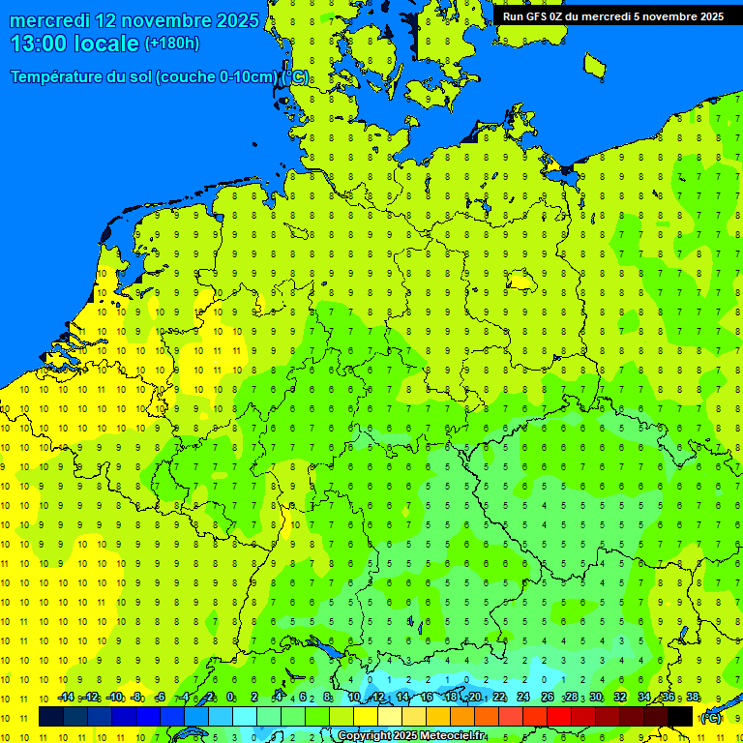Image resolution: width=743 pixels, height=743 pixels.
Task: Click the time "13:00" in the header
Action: coord(41,44)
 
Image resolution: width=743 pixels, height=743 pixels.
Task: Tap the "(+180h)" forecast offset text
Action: coord(171,44)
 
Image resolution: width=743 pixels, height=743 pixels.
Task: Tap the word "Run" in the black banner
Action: coord(514,15)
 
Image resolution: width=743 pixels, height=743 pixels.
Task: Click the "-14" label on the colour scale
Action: coord(66,698)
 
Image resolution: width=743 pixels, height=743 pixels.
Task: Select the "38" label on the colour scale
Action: coord(693,698)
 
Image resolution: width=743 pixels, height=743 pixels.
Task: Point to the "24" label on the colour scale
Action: coord(523,698)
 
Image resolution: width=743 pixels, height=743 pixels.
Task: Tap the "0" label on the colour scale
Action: coord(231,698)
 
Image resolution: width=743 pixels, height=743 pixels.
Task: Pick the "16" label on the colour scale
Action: coord(427,698)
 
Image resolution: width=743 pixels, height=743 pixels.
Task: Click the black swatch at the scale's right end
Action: coord(680,716)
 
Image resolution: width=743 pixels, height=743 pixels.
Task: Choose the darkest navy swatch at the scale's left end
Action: coord(50,716)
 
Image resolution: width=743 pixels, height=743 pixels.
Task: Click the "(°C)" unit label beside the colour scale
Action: coord(710,718)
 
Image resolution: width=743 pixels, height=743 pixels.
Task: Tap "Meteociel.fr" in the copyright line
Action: coord(450,736)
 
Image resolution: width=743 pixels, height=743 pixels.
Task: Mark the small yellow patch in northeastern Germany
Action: coord(521,282)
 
